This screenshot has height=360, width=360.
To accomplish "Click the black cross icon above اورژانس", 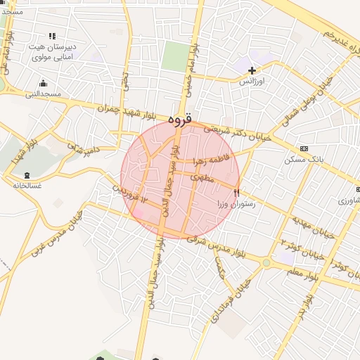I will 252,70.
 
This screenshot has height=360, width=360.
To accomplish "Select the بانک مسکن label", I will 303,160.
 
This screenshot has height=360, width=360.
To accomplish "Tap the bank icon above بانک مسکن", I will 304,149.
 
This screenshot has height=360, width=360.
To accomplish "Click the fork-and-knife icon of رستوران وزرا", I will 237,191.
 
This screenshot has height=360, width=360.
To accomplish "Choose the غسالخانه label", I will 27,186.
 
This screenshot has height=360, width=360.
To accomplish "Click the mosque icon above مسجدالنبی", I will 43,84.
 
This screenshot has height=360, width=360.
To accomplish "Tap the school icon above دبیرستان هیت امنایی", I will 52,36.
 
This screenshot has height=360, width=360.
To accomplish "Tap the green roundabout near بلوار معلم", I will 266,263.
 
